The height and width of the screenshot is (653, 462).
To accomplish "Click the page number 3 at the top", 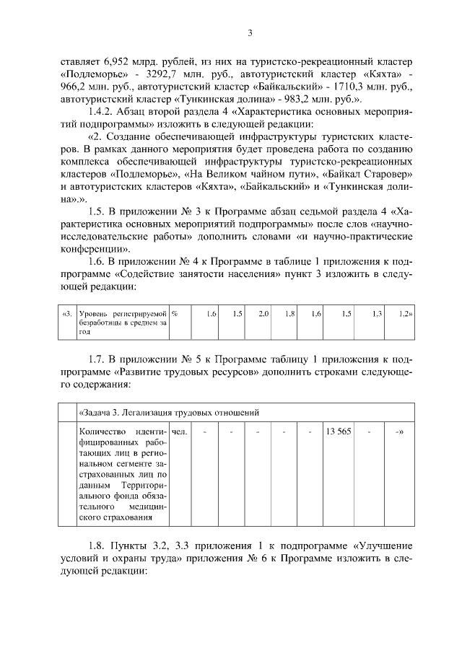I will coord(249,32).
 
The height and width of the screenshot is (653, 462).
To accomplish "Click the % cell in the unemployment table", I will coord(175,314).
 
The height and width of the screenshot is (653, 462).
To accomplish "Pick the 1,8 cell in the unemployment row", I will coord(290,314).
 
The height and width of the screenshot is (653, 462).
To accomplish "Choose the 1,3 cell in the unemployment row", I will coord(376,314).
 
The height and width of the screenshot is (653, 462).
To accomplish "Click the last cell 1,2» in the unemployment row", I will coord(404,314).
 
